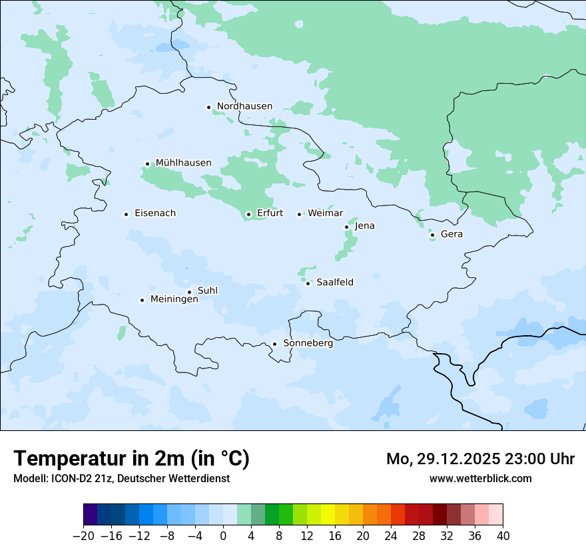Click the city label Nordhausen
[x=244, y=106]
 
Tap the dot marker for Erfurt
[x=248, y=214]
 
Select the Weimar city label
[x=325, y=213]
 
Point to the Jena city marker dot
[x=346, y=227]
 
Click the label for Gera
[x=451, y=234]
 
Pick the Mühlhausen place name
[x=183, y=163]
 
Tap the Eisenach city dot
[x=126, y=214]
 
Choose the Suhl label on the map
[x=207, y=291]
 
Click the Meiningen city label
[x=174, y=299]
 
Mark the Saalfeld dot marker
[x=308, y=283]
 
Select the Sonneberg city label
[x=308, y=343]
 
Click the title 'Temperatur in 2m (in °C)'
[x=131, y=459]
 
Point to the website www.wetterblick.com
[x=480, y=478]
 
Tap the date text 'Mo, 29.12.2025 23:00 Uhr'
[x=480, y=459]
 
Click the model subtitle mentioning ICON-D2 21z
[x=121, y=478]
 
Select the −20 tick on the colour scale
[x=83, y=536]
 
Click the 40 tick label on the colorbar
[x=503, y=536]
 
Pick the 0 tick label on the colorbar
[x=223, y=536]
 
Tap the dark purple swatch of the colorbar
[x=90, y=515]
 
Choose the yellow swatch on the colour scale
[x=328, y=515]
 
